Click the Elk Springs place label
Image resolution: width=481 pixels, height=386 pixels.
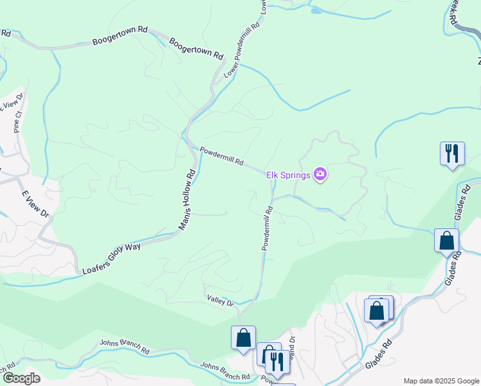[289, 174]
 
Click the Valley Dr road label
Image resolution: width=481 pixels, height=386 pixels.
[220, 300]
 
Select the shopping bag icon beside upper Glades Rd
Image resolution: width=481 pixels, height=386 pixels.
[446, 241]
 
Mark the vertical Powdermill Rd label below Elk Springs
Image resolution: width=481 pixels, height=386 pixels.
[268, 228]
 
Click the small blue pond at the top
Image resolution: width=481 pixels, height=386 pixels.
[316, 10]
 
